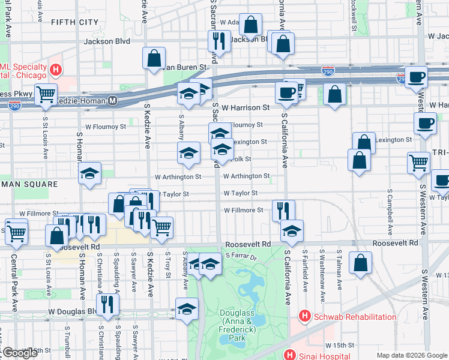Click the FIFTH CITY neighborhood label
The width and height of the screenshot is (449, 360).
click(75, 22)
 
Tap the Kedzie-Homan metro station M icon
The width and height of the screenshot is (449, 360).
click(112, 103)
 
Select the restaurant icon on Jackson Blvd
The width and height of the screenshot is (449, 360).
click(217, 40)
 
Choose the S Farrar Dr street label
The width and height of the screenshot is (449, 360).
click(241, 256)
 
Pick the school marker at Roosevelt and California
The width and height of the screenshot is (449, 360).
click(292, 230)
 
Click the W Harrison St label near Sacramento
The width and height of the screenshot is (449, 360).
click(245, 107)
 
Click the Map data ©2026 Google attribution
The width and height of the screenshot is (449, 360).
click(412, 355)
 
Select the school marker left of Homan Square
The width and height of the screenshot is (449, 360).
click(90, 174)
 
